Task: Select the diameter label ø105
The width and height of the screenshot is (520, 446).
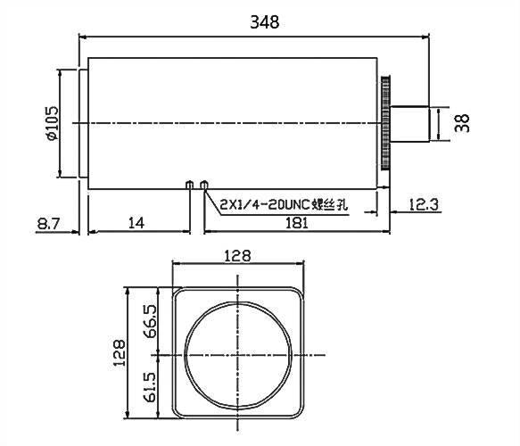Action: coord(51,122)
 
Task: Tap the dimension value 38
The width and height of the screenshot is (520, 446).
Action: coord(461,122)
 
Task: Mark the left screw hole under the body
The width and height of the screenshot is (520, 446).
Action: coord(189,185)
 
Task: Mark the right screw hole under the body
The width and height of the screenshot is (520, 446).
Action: coord(204,185)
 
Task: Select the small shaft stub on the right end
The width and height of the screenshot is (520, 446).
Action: coord(409,122)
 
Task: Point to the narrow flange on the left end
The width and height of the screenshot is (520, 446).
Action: coord(84,122)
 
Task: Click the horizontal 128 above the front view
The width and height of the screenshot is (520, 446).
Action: coord(238,256)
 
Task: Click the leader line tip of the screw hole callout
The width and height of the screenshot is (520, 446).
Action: coord(206,188)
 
